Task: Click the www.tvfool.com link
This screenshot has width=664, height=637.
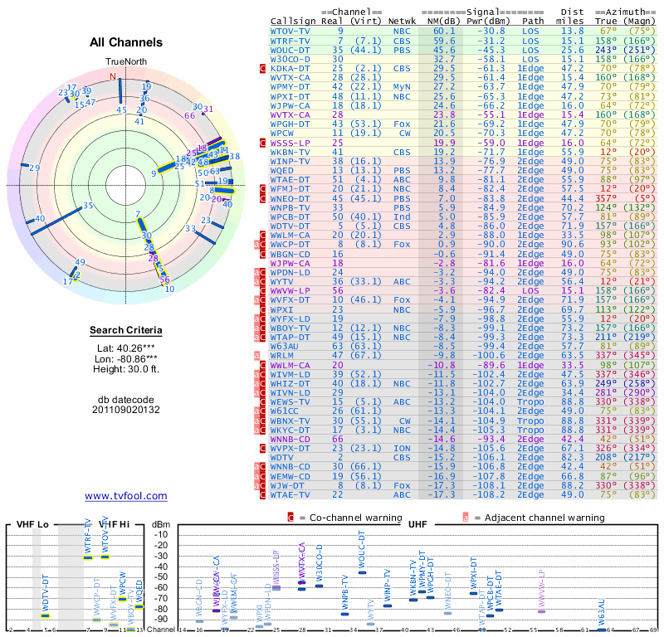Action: pyautogui.click(x=126, y=496)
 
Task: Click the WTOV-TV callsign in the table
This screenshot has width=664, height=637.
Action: pyautogui.click(x=290, y=31)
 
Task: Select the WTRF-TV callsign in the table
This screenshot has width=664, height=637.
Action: pyautogui.click(x=290, y=40)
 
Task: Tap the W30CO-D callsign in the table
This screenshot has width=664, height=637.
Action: pyautogui.click(x=290, y=59)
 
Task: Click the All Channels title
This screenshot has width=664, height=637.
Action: pyautogui.click(x=126, y=42)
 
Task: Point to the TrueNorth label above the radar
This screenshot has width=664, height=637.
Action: pyautogui.click(x=125, y=62)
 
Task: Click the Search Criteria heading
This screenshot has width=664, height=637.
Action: pyautogui.click(x=126, y=331)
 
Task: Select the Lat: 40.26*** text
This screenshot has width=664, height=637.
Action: pyautogui.click(x=126, y=348)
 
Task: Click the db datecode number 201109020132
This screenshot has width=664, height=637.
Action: pyautogui.click(x=126, y=409)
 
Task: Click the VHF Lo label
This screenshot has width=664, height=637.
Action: pyautogui.click(x=34, y=525)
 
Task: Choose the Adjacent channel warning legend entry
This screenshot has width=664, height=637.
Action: pyautogui.click(x=527, y=518)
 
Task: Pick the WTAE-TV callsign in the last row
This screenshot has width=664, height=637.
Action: pyautogui.click(x=290, y=494)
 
